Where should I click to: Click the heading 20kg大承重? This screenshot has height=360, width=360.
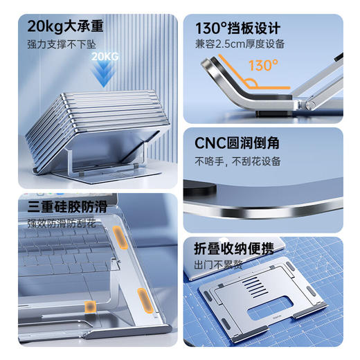click(66, 27)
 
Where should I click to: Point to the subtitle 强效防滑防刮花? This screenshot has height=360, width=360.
click(61, 223)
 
